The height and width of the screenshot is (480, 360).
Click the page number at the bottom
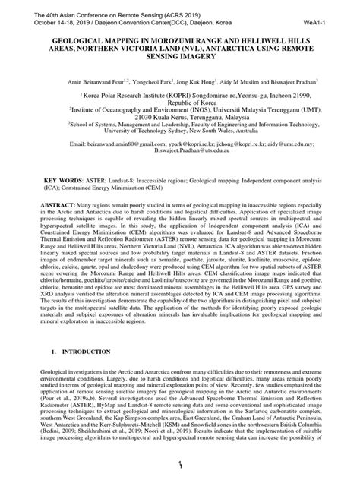(180, 465)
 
